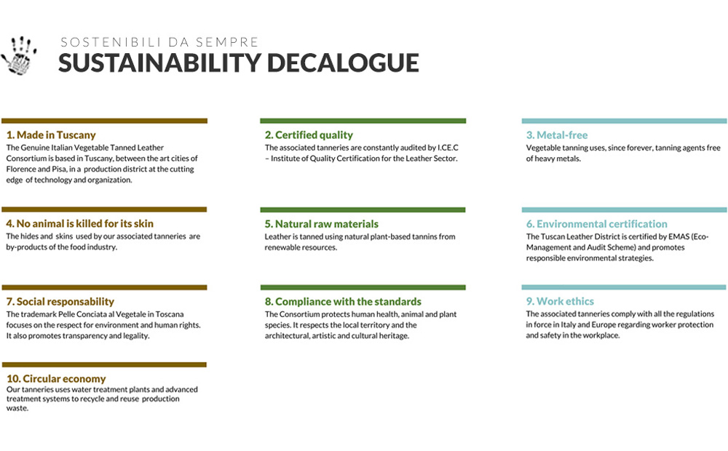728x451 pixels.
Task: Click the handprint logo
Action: pyautogui.click(x=19, y=56)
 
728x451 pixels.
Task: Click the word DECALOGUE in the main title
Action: pyautogui.click(x=343, y=63)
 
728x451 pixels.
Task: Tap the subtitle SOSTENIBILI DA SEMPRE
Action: pyautogui.click(x=159, y=42)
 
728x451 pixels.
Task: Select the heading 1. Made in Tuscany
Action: pyautogui.click(x=51, y=135)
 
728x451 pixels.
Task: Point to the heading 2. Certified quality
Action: pyautogui.click(x=309, y=135)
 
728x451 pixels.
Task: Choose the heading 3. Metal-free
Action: pyautogui.click(x=557, y=135)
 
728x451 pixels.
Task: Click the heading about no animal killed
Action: pyautogui.click(x=79, y=223)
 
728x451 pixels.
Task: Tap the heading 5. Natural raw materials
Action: pyautogui.click(x=321, y=224)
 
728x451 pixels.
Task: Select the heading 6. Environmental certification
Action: pyautogui.click(x=597, y=224)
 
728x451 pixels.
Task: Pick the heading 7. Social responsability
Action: pyautogui.click(x=60, y=302)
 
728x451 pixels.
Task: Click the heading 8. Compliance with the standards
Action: pyautogui.click(x=343, y=302)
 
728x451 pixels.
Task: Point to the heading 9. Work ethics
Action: pyautogui.click(x=560, y=301)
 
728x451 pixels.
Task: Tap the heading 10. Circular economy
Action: pyautogui.click(x=56, y=378)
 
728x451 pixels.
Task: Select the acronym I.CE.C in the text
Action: pyautogui.click(x=448, y=148)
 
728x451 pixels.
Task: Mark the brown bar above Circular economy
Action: pyautogui.click(x=104, y=364)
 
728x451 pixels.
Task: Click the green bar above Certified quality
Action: pyautogui.click(x=363, y=121)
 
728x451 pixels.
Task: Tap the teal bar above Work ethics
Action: pyautogui.click(x=624, y=287)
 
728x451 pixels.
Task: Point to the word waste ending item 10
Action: pyautogui.click(x=17, y=408)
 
